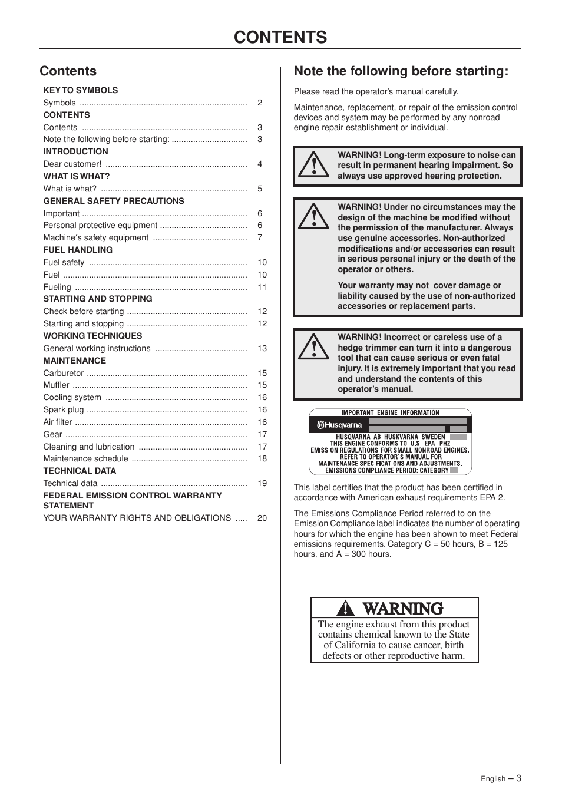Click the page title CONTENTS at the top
coord(280,37)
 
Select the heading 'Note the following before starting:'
coord(401,71)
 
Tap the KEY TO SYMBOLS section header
coord(80,90)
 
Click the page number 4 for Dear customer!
coord(260,164)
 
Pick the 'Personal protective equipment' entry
coord(100,225)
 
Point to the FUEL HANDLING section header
coord(78,250)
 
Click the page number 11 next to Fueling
coord(262,287)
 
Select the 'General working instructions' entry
coord(97,348)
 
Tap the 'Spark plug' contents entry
coord(64,409)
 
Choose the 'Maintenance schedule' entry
coord(85,458)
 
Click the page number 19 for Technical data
coord(262,483)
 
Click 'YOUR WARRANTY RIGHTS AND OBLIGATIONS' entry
coord(137,518)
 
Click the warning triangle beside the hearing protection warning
coord(313,164)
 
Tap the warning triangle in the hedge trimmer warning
coord(313,348)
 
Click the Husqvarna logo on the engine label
coord(339,425)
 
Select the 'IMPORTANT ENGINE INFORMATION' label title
coord(390,413)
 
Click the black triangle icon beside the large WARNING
coord(346,608)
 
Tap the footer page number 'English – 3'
coord(501,778)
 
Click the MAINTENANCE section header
coord(74,361)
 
